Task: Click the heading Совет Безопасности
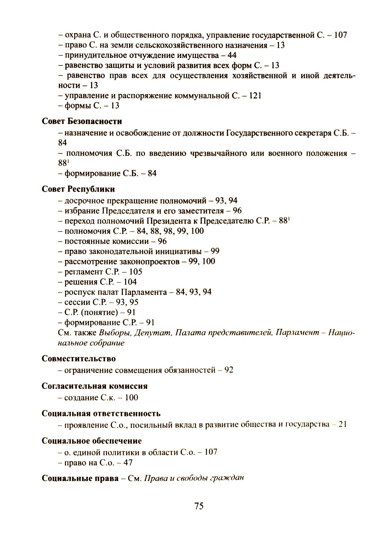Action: click(82, 121)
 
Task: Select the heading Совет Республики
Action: click(78, 189)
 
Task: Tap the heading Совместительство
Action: click(79, 358)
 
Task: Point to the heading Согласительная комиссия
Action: click(94, 386)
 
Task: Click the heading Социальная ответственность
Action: click(101, 413)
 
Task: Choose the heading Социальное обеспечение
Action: click(92, 441)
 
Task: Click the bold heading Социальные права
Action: click(80, 478)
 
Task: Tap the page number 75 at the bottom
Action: click(199, 506)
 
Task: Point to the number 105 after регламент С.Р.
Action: click(136, 272)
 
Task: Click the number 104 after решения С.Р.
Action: click(130, 282)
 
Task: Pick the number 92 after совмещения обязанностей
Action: click(229, 370)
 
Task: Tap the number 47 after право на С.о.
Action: click(128, 463)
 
